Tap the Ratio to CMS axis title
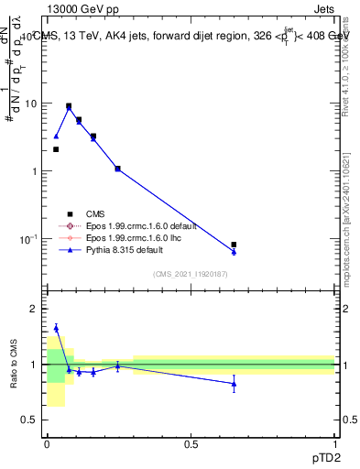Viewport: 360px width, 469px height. pyautogui.click(x=13, y=364)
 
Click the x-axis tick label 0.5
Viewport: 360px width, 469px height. pyautogui.click(x=191, y=443)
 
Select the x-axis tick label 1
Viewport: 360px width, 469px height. pyautogui.click(x=335, y=443)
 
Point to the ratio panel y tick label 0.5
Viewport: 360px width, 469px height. pyautogui.click(x=28, y=420)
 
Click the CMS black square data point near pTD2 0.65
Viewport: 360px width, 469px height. pyautogui.click(x=234, y=245)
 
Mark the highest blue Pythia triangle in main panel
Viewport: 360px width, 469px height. pyautogui.click(x=69, y=107)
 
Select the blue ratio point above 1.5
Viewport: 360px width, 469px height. pyautogui.click(x=56, y=327)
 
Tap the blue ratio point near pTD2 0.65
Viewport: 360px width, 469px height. pyautogui.click(x=234, y=384)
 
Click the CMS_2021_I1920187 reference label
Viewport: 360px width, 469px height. pyautogui.click(x=191, y=274)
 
